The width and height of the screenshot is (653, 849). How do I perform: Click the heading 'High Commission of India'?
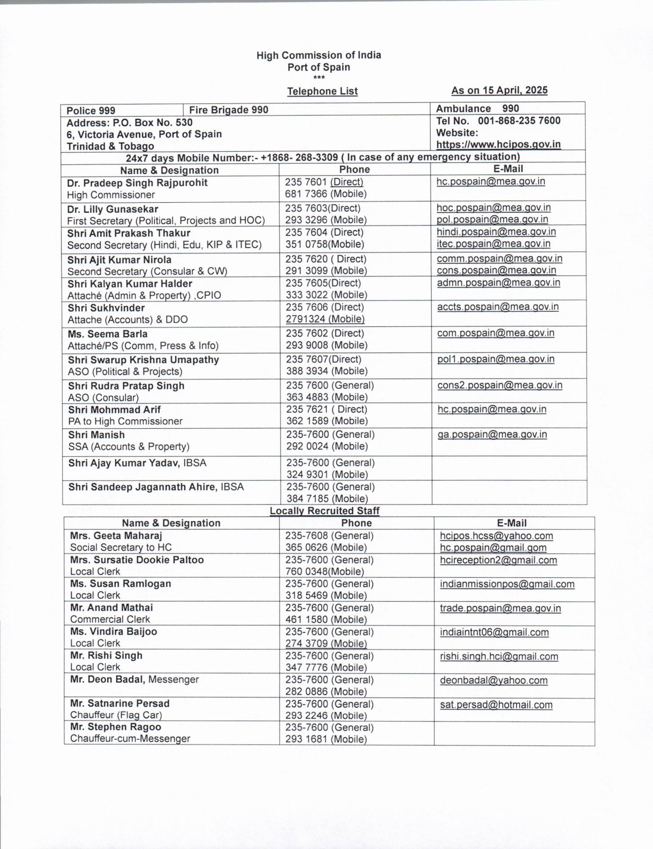tap(319, 55)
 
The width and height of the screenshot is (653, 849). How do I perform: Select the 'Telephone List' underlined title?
tap(322, 91)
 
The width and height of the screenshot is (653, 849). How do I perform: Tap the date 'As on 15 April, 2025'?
tap(499, 90)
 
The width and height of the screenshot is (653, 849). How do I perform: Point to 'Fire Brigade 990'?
tap(229, 110)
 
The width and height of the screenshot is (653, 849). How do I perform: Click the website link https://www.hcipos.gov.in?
tap(498, 144)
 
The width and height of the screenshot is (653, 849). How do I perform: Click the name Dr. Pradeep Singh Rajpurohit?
tap(137, 183)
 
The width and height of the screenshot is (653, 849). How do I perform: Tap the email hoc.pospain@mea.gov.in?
tap(493, 207)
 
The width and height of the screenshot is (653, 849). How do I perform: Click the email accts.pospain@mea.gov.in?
tap(497, 307)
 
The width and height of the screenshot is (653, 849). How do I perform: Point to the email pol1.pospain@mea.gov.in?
tap(496, 359)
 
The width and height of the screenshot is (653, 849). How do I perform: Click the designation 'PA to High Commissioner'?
tap(125, 421)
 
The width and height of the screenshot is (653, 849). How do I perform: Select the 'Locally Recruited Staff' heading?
tap(324, 511)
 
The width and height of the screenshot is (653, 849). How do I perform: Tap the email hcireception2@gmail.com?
tap(499, 560)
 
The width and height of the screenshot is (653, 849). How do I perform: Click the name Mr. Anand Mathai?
tap(111, 608)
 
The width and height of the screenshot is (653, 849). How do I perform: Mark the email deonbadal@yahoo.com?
tap(493, 680)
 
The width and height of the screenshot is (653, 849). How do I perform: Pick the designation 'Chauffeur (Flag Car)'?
tap(116, 715)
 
